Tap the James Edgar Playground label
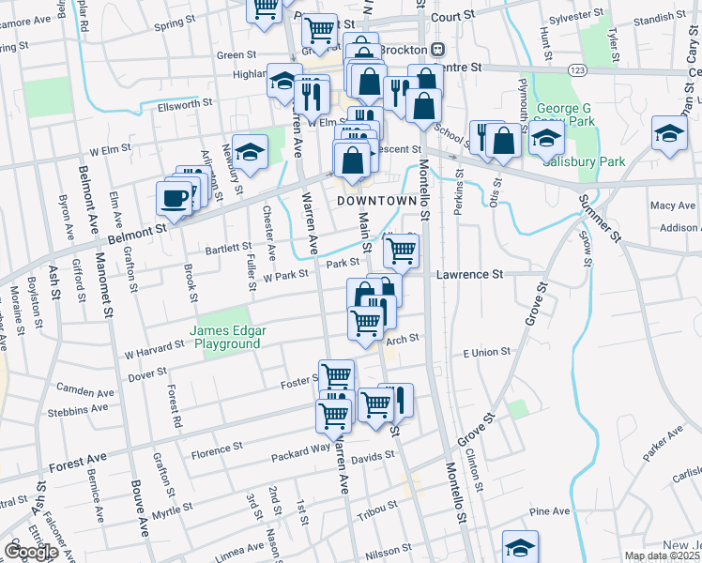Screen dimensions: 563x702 [224, 337]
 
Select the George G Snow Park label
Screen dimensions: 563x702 [566, 114]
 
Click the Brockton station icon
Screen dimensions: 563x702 [437, 50]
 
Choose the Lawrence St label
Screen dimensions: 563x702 [470, 274]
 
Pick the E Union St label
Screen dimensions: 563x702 [486, 352]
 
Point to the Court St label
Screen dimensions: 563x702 [449, 17]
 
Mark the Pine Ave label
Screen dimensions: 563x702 [550, 511]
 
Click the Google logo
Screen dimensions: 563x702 [31, 552]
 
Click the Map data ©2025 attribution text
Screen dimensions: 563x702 [661, 555]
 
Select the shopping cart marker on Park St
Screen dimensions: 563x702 [402, 250]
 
